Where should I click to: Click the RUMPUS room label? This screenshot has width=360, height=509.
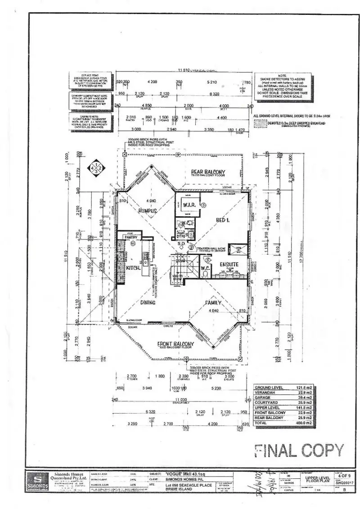coord(147,210)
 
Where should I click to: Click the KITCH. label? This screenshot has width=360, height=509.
coord(133,268)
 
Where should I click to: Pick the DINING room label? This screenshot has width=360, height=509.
coord(148,303)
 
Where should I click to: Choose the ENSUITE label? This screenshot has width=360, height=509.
coord(229,264)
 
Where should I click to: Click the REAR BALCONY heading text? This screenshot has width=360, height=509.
coord(208,172)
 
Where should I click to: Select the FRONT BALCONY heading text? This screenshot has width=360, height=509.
coord(175,344)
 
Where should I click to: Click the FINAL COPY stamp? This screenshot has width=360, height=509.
coord(299,450)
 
